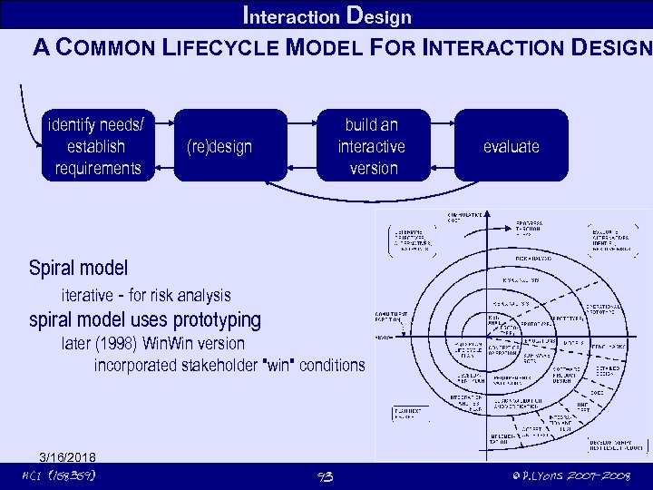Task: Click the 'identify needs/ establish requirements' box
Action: coord(98,145)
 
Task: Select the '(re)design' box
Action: coord(219,146)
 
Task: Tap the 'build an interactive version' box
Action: coord(371,145)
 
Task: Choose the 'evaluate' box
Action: coord(511,146)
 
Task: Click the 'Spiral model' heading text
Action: coord(78,268)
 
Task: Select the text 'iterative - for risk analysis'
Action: coord(145,295)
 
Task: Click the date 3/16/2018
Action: coord(67,456)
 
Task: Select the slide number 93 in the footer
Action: coord(326,476)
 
